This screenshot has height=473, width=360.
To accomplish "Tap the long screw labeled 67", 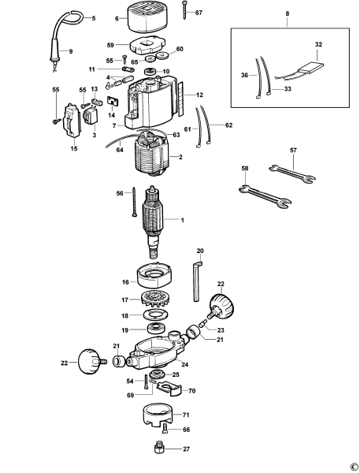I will tap(183, 12).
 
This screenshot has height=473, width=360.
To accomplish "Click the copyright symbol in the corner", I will tap(353, 465).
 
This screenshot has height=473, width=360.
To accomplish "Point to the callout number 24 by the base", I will tap(184, 364).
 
